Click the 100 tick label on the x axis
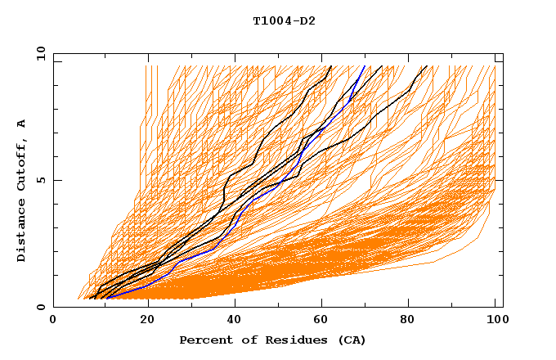495,321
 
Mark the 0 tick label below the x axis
53,321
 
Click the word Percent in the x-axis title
204,340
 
